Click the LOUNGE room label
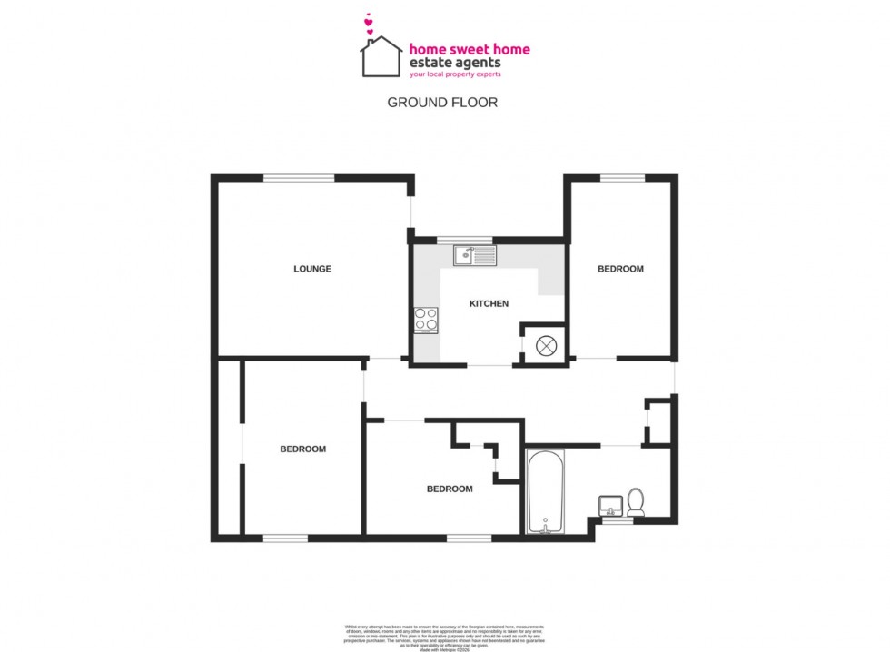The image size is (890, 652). (x=311, y=269)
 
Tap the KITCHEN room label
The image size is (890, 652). (x=489, y=303)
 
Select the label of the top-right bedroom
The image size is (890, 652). (x=620, y=269)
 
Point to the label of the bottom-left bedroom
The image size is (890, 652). (x=302, y=449)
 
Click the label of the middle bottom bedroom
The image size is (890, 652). (x=450, y=489)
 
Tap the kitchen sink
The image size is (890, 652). (x=475, y=255)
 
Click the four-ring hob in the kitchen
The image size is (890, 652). (x=426, y=319)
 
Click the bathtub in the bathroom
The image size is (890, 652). (x=546, y=491)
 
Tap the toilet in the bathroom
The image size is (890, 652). (x=636, y=501)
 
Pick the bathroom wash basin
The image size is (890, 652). (x=610, y=504)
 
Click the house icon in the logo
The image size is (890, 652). (x=381, y=57)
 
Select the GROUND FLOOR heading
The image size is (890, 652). (x=442, y=103)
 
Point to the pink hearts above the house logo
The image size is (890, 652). (x=369, y=25)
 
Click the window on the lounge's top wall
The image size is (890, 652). (x=298, y=178)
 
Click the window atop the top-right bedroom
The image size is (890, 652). (x=622, y=178)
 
